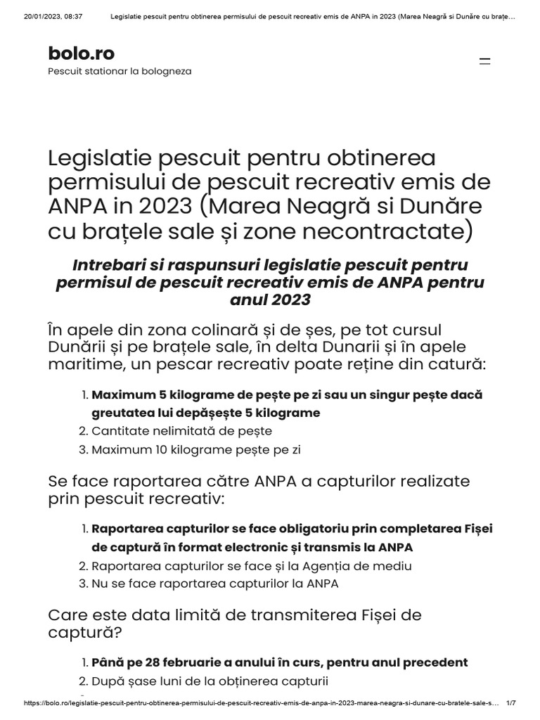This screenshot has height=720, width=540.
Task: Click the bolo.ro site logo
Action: point(81,53)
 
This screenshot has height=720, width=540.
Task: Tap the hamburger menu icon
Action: point(484,61)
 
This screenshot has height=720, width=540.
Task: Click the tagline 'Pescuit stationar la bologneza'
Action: point(120,71)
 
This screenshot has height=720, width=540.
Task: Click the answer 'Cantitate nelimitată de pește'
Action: point(181,431)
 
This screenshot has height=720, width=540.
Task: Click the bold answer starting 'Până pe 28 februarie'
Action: point(279,662)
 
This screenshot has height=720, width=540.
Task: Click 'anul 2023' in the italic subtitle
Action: point(270,300)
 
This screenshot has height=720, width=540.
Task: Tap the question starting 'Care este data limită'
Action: point(234,623)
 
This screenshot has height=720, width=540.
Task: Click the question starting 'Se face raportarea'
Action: point(259,490)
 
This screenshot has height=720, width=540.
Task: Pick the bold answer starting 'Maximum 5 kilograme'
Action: point(287,404)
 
